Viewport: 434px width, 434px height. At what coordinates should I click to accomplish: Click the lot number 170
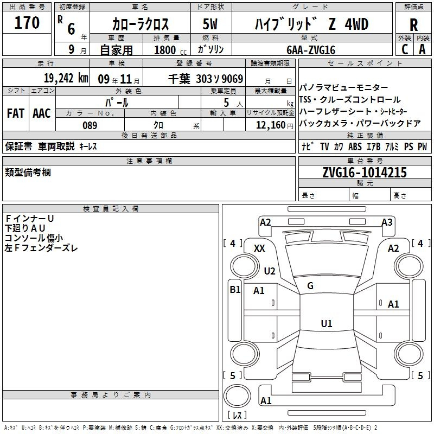(27, 23)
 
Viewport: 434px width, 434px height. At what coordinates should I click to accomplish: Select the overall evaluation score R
(413, 25)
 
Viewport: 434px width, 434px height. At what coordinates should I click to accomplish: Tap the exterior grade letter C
(404, 49)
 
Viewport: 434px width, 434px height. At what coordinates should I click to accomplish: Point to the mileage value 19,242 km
(66, 78)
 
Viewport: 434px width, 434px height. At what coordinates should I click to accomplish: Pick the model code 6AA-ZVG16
(311, 50)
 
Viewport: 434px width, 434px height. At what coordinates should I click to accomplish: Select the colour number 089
(90, 125)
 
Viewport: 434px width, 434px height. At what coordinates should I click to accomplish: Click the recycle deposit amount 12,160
(270, 125)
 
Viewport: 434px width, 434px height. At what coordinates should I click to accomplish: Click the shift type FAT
(15, 113)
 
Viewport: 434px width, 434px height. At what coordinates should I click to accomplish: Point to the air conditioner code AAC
(42, 113)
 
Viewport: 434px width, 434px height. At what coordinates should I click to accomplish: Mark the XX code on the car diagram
(259, 248)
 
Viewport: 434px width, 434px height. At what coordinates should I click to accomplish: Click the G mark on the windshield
(310, 286)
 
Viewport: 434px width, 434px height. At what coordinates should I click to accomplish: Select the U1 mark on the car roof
(326, 323)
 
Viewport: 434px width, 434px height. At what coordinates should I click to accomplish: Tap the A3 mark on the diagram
(387, 222)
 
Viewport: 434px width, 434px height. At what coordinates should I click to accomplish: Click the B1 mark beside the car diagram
(234, 290)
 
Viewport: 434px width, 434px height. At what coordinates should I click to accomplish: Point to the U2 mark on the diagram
(270, 271)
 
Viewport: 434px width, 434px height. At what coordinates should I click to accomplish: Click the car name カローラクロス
(141, 25)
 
